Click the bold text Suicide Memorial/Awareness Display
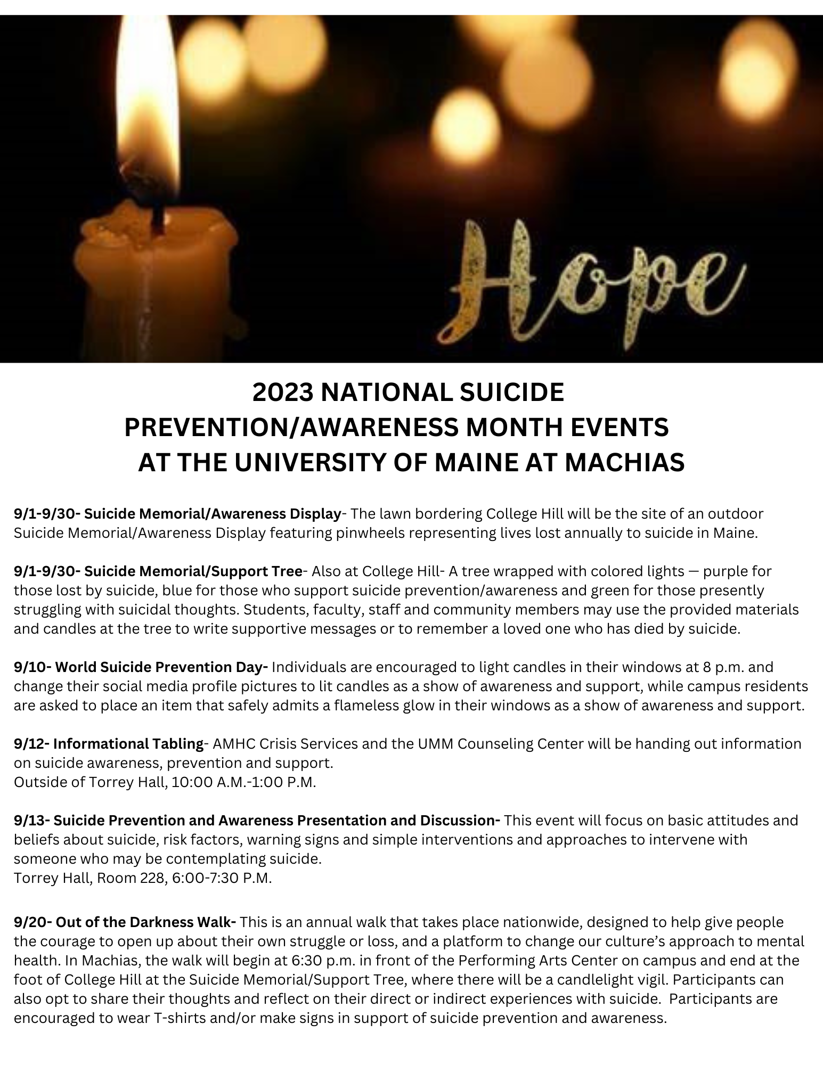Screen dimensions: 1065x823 213,514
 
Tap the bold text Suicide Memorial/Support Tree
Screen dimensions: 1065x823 193,571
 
